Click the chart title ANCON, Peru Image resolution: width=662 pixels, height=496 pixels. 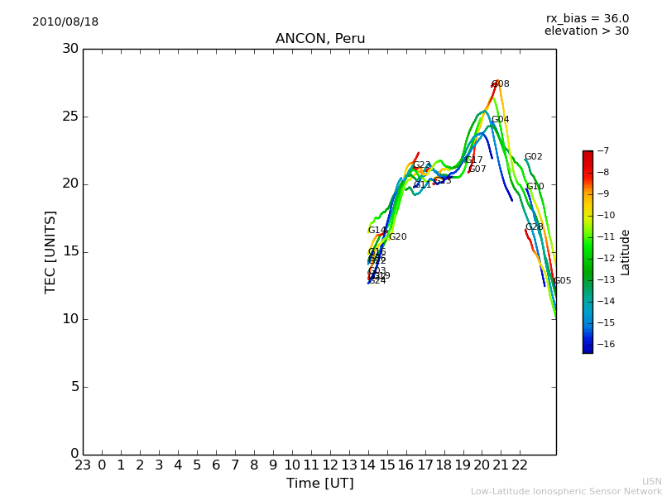320,39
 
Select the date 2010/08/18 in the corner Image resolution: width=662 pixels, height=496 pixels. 65,22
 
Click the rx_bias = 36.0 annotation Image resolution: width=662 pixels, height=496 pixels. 588,19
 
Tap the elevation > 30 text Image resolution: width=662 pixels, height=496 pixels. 587,31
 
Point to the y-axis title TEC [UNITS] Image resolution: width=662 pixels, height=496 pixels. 50,251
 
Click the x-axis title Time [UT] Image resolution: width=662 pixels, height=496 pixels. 319,484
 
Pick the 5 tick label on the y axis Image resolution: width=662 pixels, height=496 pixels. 74,387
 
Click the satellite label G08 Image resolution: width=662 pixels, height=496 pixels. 501,84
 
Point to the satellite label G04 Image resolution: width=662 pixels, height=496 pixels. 501,120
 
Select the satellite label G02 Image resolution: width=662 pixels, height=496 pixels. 534,157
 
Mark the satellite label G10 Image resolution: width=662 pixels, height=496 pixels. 535,187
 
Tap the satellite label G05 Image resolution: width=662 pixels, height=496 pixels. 563,281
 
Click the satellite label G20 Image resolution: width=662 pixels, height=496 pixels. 398,237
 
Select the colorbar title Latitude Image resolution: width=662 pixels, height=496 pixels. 626,252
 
